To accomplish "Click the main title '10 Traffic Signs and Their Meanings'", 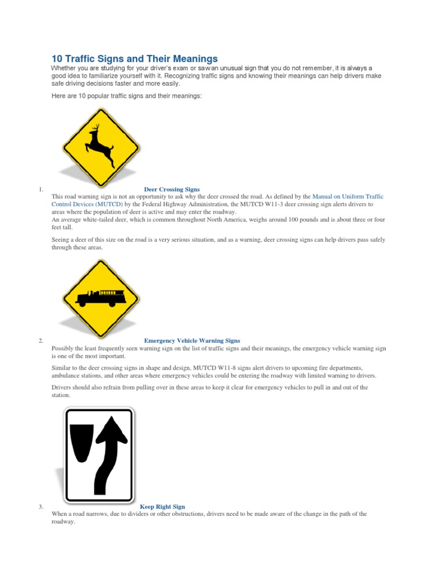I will [x=134, y=59].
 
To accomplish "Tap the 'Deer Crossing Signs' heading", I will [x=171, y=189].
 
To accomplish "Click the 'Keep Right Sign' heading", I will [x=162, y=506].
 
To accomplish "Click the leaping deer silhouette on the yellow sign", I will [x=99, y=145].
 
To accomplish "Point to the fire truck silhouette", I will [x=100, y=297].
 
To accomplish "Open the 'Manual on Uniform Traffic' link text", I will [x=348, y=197].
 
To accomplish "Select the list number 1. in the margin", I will [x=41, y=189].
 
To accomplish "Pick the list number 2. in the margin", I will [x=41, y=341].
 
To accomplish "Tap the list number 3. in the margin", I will [x=41, y=506].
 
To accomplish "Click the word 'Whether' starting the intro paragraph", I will [x=64, y=68].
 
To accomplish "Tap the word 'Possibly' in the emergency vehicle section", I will [x=63, y=348].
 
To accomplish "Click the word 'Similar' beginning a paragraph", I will [x=61, y=368].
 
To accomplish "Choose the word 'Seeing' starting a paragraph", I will [x=61, y=240].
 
